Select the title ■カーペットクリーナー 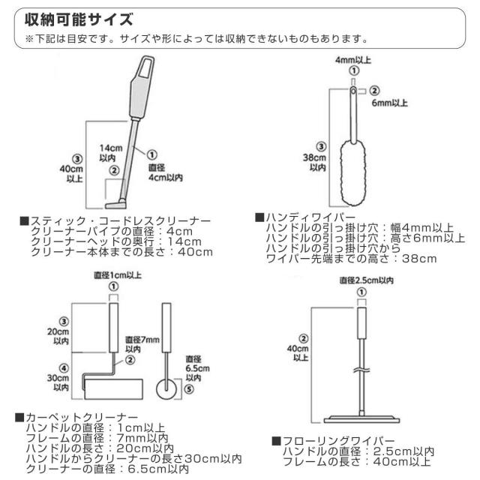76,416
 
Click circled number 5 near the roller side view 188,388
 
